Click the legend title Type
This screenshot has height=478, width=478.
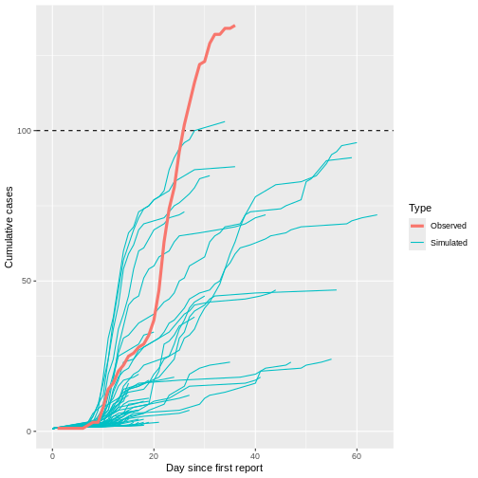420,208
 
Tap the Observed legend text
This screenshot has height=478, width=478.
448,226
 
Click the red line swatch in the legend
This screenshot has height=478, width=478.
417,226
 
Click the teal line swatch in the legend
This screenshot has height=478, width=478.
417,243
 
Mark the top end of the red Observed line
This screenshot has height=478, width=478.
234,27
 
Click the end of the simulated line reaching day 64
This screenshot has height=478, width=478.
377,215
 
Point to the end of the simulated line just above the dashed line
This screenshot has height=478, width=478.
225,121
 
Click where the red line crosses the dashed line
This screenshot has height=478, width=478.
185,130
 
